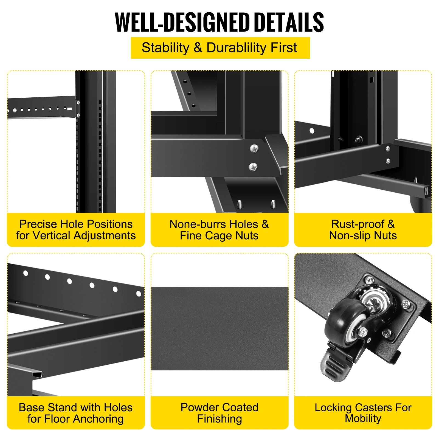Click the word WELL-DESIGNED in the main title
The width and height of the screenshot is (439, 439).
(x=182, y=22)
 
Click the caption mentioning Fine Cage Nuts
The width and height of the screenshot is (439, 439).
(x=219, y=230)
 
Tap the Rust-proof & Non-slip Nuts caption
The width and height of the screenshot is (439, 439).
(x=363, y=230)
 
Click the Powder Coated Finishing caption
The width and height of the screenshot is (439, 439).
(x=219, y=413)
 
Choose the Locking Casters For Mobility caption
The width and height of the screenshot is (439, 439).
(x=363, y=413)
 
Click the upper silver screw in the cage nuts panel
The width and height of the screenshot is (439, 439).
(x=254, y=148)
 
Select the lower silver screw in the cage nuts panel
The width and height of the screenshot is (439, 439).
(x=253, y=167)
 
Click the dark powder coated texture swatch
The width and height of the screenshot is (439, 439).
(x=219, y=328)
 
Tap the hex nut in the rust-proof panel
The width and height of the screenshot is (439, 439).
(x=358, y=139)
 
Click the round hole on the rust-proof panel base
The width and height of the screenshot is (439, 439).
(x=312, y=131)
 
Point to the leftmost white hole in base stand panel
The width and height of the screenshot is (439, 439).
(x=26, y=273)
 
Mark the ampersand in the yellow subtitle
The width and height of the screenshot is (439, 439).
(x=198, y=48)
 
